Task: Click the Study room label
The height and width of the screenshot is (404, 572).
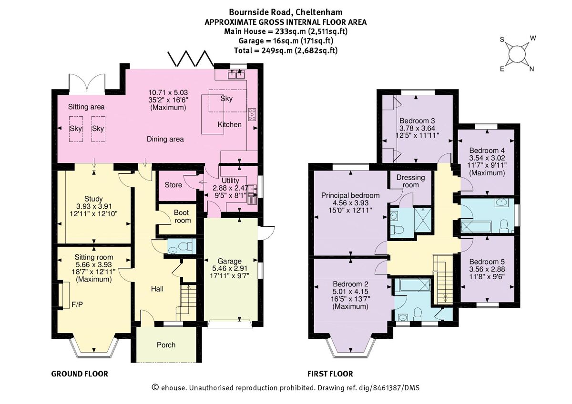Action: pos(93,199)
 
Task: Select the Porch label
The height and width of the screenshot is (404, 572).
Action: pos(166,345)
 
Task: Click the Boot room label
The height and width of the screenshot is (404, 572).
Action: pos(182,217)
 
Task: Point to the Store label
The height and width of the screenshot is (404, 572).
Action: pos(173,184)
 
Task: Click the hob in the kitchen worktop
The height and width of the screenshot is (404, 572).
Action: pos(252,114)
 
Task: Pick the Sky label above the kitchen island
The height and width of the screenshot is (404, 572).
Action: pos(226,99)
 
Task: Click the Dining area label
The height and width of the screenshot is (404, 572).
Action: pos(165,139)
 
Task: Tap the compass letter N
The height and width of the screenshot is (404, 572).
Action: pos(531,69)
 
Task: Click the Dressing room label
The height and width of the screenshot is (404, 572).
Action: pos(410,181)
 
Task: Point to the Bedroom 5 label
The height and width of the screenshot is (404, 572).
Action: pos(487,262)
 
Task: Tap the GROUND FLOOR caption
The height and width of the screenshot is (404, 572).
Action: pos(80,374)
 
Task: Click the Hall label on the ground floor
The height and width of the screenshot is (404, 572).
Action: pos(158,289)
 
